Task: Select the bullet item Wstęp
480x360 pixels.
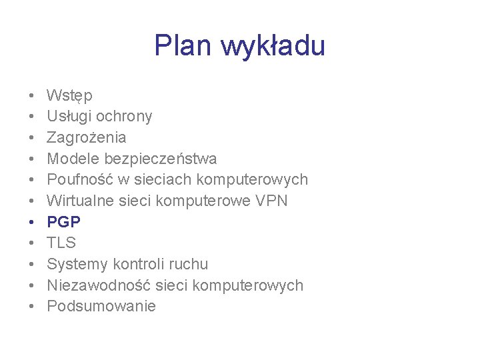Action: point(69,96)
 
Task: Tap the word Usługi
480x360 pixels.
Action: point(69,117)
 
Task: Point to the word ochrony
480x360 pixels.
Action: point(124,117)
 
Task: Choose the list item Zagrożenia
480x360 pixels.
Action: point(86,137)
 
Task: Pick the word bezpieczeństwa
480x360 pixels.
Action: point(159,159)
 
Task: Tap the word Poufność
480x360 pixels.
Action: point(77,180)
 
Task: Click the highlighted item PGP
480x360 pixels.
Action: point(63,222)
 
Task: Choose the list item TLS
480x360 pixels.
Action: point(61,243)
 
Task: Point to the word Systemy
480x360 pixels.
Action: point(76,265)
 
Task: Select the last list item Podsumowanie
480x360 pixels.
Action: point(101,307)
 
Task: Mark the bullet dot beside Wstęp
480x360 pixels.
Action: point(32,96)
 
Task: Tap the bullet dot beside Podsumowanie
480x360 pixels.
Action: point(32,307)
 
